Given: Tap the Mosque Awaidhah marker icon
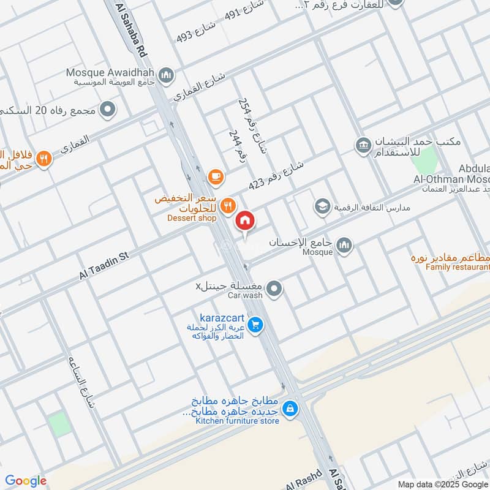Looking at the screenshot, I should point(165,75).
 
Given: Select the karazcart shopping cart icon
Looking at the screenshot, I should point(256,325).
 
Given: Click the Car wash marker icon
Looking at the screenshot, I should point(275,287).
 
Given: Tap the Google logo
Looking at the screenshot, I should point(26,481).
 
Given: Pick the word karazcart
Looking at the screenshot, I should point(222,318).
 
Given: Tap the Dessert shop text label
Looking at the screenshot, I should point(192,217).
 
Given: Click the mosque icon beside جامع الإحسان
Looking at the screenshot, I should point(345,245).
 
